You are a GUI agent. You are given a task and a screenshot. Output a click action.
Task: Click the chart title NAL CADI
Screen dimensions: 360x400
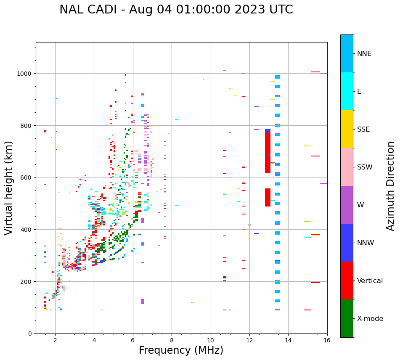tap(176, 10)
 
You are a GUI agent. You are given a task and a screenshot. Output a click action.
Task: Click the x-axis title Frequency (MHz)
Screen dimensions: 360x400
tap(181, 350)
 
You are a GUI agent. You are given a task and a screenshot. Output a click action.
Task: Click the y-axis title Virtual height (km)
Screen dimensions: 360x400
tap(9, 188)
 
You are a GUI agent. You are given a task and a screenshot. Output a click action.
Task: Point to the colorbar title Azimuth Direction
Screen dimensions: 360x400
tap(391, 186)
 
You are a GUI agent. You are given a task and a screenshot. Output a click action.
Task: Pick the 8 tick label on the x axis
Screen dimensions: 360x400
tap(172, 341)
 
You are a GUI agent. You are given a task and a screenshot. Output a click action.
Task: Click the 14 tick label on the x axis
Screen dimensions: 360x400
tap(288, 341)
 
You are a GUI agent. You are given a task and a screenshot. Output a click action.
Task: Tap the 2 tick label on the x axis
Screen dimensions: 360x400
tap(55, 341)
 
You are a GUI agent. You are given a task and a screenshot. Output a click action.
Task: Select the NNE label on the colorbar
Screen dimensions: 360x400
tap(364, 53)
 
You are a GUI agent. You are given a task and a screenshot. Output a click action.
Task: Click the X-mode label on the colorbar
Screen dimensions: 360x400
tap(370, 318)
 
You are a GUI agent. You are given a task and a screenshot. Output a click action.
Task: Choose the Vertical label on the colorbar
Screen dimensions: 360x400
tap(370, 281)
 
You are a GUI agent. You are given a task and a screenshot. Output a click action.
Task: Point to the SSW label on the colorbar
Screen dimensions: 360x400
tap(365, 167)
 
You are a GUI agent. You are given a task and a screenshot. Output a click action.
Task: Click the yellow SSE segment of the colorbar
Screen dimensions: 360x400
tap(347, 129)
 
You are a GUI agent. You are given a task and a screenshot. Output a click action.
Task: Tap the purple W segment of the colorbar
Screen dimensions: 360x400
tap(347, 205)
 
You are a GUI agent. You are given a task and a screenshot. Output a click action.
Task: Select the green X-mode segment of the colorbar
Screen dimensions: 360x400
tap(347, 318)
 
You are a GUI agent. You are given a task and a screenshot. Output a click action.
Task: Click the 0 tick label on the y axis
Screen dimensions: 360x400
tap(29, 334)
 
